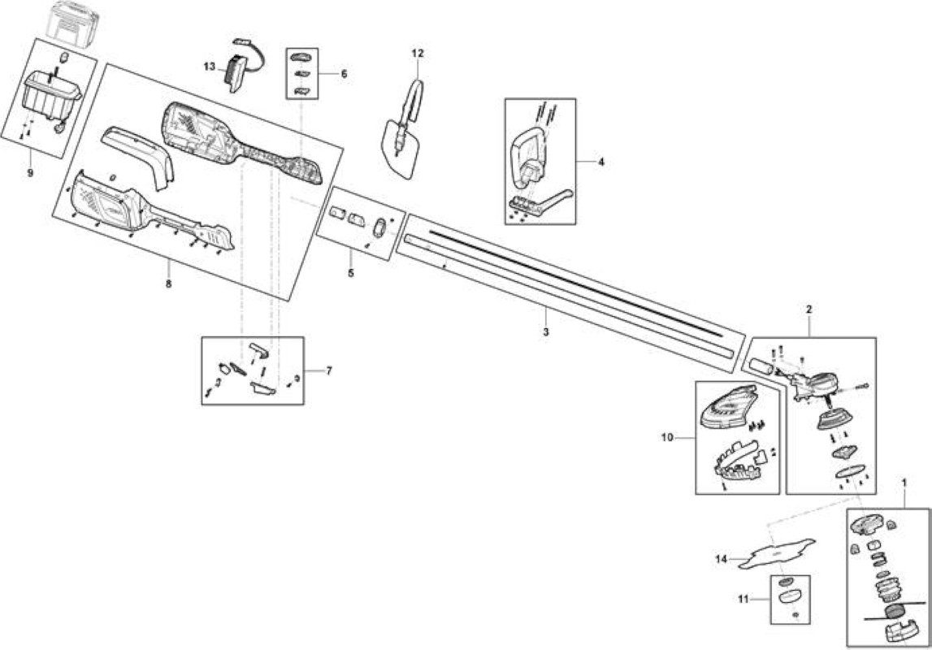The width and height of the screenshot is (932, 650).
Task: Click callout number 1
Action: coord(904,483)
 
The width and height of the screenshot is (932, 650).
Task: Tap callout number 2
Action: coord(809,309)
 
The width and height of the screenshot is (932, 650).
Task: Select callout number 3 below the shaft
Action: coord(546,331)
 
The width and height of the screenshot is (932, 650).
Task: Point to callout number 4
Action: coord(601,162)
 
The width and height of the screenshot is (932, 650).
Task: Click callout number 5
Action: coord(350,273)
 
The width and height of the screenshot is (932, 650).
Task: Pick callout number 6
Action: coord(344,74)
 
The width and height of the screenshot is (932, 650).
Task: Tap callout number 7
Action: coord(329,370)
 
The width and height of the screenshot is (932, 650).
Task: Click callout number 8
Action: coord(168,284)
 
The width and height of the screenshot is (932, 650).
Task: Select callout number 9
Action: coord(30,173)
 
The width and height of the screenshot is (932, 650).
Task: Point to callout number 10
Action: coord(667,437)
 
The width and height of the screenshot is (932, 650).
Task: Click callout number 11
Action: coord(743,600)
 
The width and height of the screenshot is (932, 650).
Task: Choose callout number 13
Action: coord(209,67)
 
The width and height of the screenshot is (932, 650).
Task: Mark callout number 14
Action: coord(721,559)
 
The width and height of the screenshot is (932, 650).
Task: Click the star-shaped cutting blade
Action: coord(776,553)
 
